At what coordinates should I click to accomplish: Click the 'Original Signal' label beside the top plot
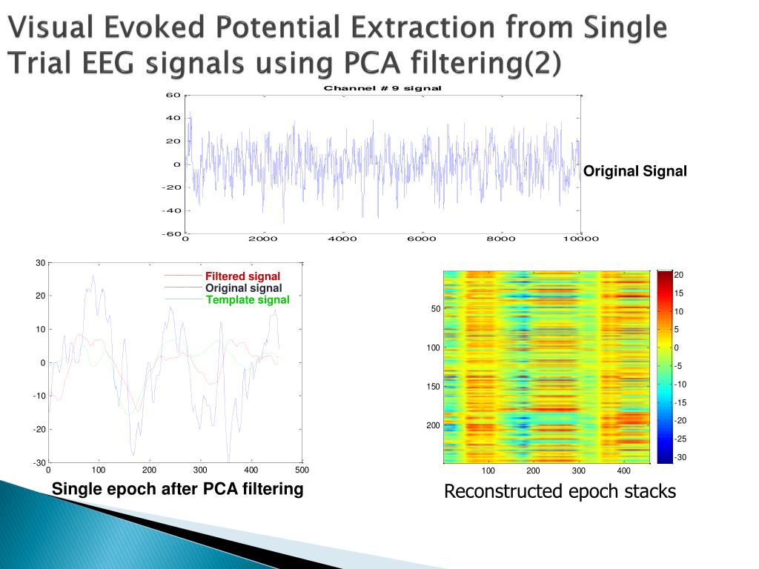coord(635,172)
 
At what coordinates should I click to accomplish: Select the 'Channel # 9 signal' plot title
coord(382,88)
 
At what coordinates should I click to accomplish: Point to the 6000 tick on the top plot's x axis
coord(422,239)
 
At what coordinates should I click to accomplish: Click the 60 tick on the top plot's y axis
coord(173,95)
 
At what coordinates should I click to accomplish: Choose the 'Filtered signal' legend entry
coord(242,277)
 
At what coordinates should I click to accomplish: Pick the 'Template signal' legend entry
coord(248,300)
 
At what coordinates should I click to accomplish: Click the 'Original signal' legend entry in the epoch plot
coord(243,288)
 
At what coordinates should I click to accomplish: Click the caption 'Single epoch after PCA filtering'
coord(177,489)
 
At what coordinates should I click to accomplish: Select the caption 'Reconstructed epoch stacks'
coord(560,491)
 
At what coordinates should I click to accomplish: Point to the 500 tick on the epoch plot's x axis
coord(302,470)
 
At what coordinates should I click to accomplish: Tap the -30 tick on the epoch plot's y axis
coord(39,463)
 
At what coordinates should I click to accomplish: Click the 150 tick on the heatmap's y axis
coord(433,387)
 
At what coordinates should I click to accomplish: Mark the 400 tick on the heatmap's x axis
coord(624,471)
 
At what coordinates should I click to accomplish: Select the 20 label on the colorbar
coord(678,275)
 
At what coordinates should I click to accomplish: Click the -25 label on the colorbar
coord(680,439)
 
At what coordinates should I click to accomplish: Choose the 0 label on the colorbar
coord(676,348)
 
